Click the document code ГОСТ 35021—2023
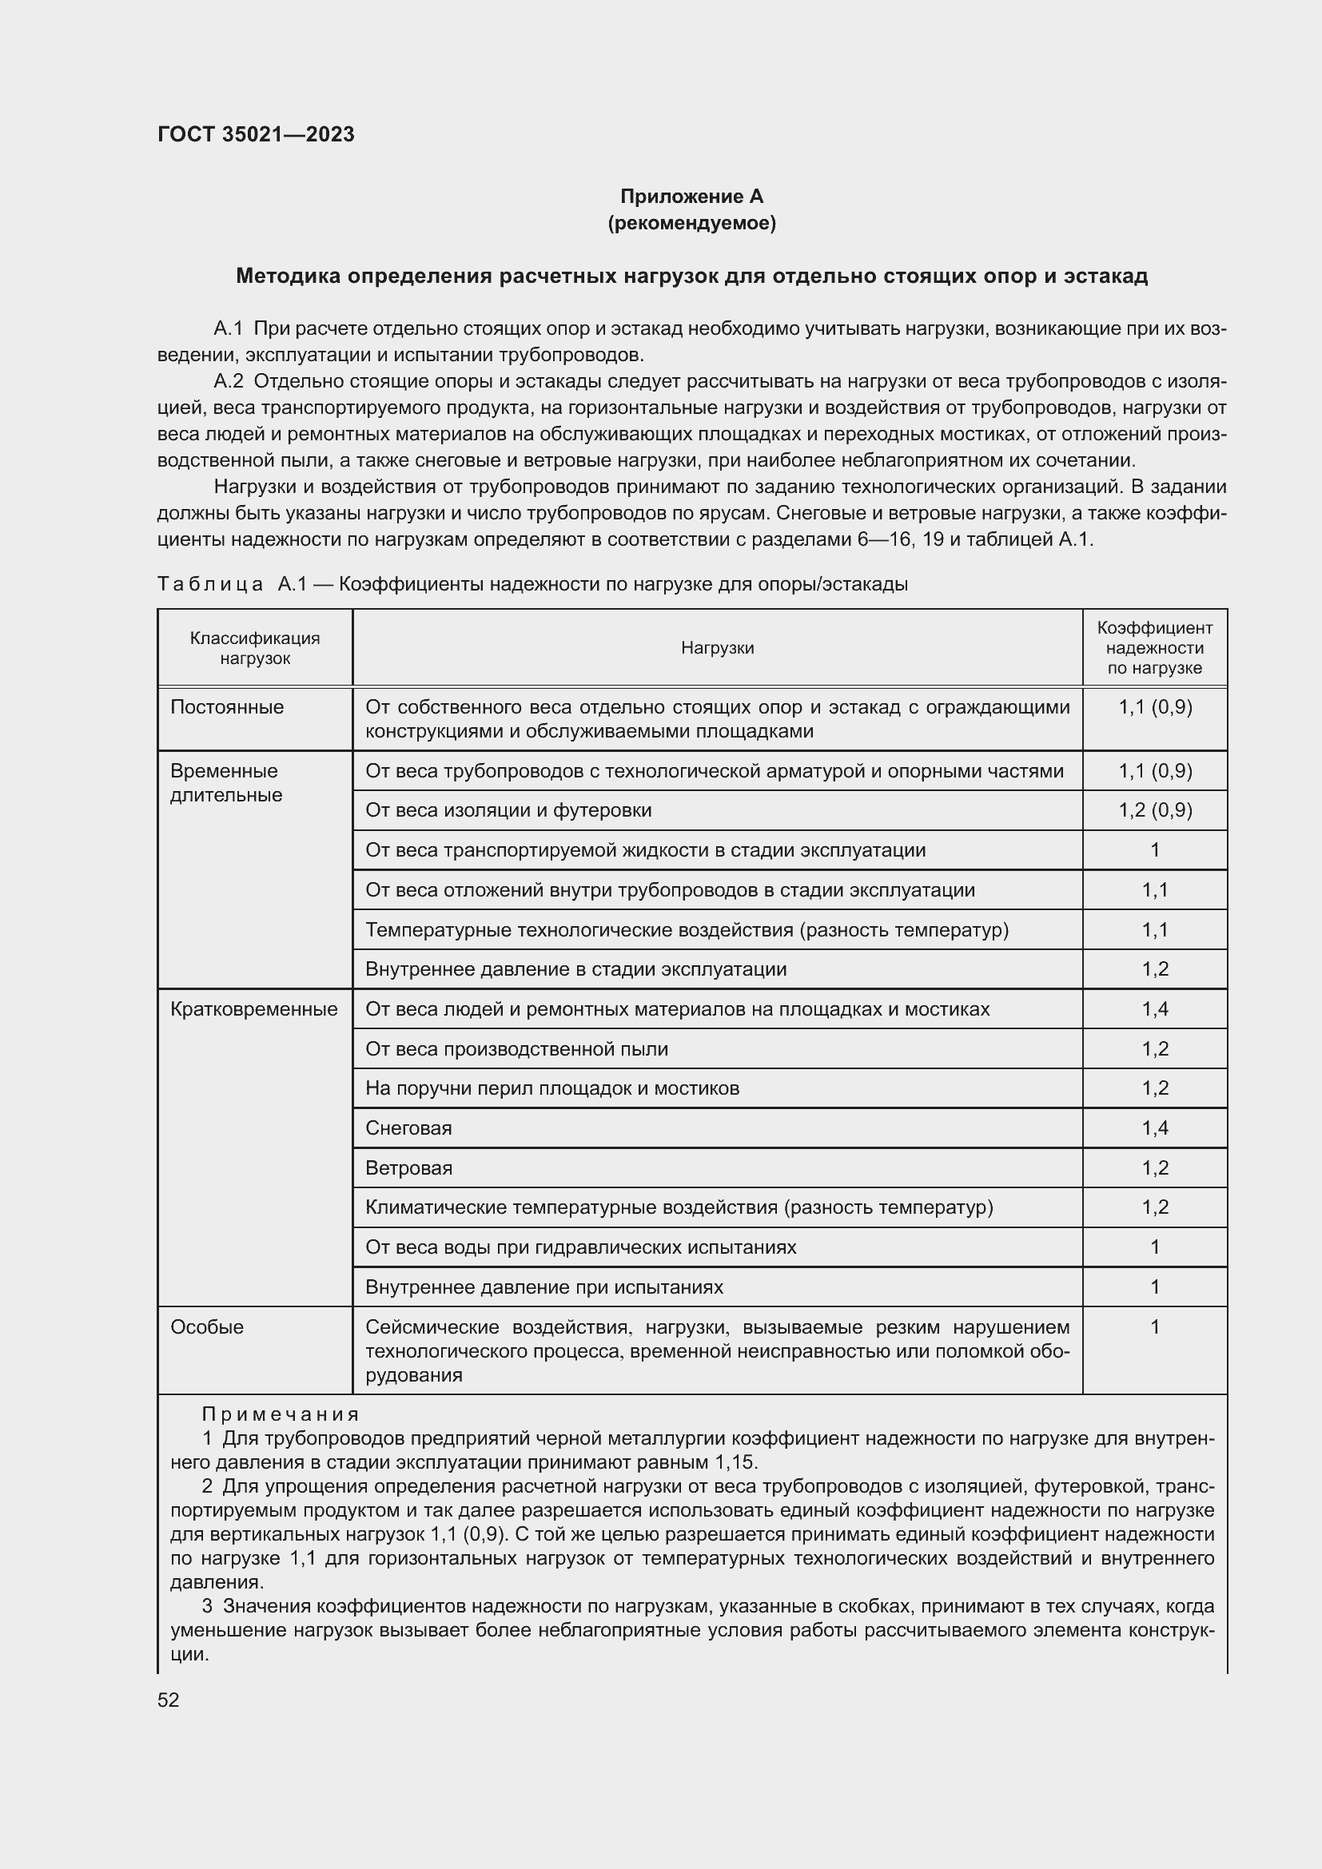pos(256,134)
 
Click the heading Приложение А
pos(691,197)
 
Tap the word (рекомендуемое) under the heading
pos(691,223)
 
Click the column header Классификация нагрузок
pos(255,648)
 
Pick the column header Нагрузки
pos(717,648)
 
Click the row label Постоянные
pos(227,706)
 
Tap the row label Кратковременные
pos(254,1009)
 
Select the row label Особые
pos(207,1327)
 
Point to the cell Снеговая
pos(408,1128)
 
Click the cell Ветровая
pos(408,1168)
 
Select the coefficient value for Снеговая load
pos(1154,1128)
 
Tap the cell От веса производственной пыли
pos(517,1048)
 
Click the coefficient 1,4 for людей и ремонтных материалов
pos(1154,1009)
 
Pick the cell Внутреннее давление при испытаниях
pos(544,1287)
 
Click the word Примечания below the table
pos(281,1414)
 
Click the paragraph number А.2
pos(228,382)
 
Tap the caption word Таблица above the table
pos(210,584)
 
